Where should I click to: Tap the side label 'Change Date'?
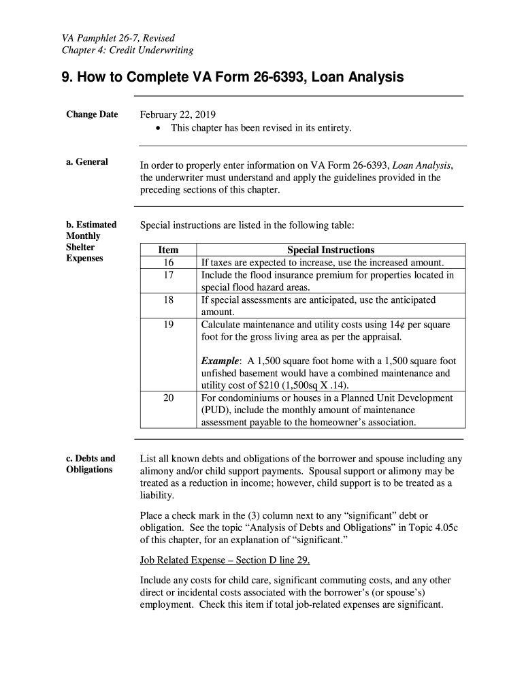92,114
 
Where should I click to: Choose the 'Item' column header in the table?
168,250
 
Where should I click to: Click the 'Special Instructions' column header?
331,250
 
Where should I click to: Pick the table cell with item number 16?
168,263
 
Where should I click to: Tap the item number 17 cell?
168,275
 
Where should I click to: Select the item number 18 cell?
168,300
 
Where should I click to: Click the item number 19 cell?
168,325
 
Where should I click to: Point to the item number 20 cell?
168,398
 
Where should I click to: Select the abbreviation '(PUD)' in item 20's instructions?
216,410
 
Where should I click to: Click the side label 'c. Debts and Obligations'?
91,464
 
